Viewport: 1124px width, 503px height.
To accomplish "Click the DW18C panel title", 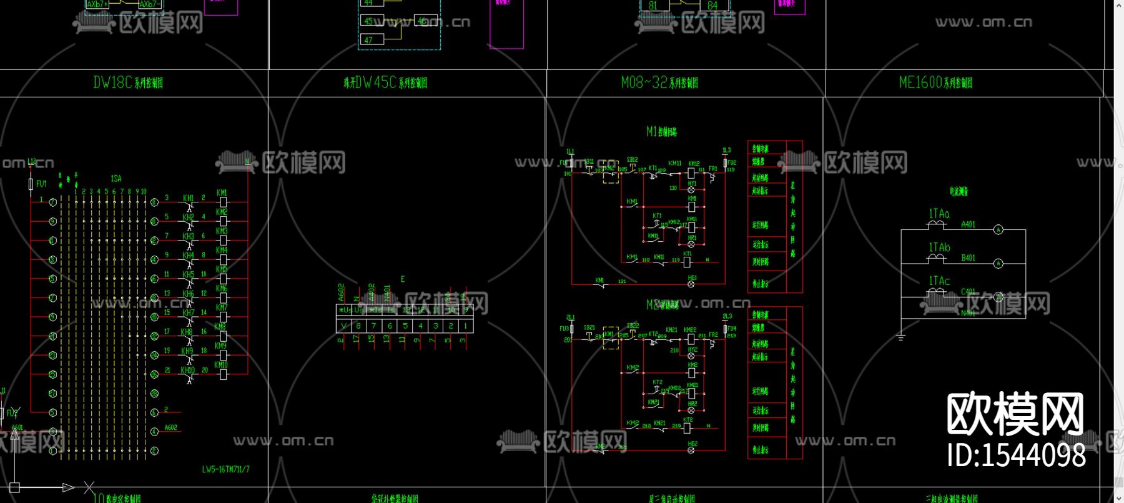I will [x=128, y=82].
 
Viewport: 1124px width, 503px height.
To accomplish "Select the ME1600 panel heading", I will [x=935, y=82].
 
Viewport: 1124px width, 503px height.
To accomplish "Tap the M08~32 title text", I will [x=659, y=82].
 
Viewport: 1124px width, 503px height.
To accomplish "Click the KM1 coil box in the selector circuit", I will [x=224, y=202].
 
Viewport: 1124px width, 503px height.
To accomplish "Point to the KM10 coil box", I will [x=224, y=374].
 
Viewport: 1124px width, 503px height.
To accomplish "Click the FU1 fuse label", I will [x=41, y=184].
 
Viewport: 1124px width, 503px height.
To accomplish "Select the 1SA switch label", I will [x=116, y=179].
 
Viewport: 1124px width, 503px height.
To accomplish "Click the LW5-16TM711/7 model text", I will [x=225, y=469].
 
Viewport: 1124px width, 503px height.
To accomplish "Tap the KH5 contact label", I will [x=188, y=274].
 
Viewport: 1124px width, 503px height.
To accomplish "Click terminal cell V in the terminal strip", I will [x=343, y=326].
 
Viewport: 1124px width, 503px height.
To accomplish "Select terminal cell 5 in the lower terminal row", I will [x=405, y=326].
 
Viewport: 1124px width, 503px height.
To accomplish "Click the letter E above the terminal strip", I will [x=403, y=279].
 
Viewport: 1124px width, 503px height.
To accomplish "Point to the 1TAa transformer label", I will [x=939, y=214].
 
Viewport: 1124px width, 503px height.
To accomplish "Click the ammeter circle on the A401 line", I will [x=998, y=230].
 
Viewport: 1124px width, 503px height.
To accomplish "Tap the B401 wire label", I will [x=968, y=257].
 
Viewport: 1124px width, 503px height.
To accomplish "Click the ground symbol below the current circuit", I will [x=900, y=338].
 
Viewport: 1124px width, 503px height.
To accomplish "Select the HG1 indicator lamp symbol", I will [x=691, y=284].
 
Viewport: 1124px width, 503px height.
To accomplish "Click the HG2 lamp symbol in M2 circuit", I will [x=691, y=451].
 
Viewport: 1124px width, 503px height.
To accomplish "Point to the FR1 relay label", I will [x=712, y=169].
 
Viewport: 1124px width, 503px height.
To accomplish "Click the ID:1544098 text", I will [x=1016, y=456].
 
